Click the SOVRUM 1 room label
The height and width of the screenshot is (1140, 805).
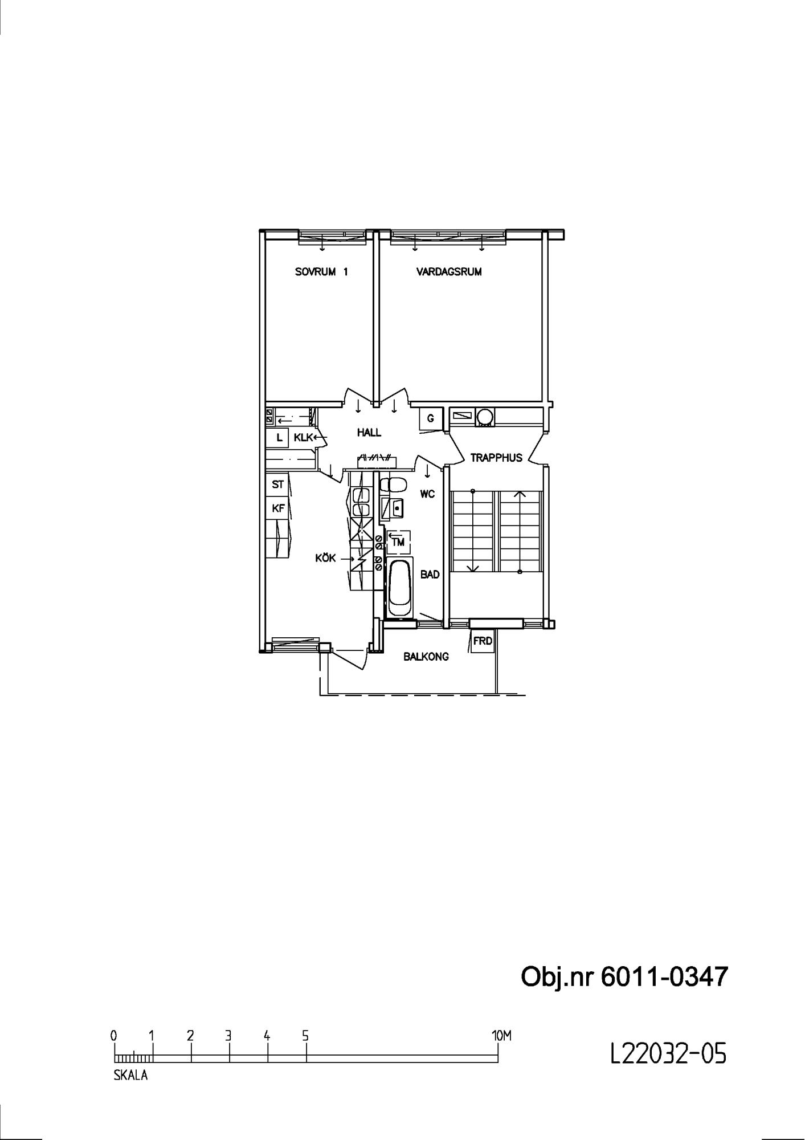point(321,272)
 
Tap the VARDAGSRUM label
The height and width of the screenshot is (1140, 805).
point(449,272)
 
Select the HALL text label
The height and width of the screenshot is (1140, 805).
point(369,433)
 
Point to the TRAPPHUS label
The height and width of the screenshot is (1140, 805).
point(496,458)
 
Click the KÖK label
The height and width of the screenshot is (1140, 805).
point(326,558)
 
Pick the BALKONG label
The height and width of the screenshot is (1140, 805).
point(426,657)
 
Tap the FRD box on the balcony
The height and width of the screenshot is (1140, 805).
point(482,641)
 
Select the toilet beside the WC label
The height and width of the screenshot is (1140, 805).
point(393,485)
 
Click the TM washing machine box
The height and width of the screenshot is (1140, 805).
point(398,542)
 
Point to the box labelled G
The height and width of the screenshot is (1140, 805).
point(431,419)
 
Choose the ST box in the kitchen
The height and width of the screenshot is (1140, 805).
point(277,485)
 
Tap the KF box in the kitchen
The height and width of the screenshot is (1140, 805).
point(277,508)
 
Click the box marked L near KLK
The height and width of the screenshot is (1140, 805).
point(279,438)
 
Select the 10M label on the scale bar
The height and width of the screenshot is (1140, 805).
point(501,1036)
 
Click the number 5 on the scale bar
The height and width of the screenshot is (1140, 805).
point(305,1036)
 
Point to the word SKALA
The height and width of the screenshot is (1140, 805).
point(130,1076)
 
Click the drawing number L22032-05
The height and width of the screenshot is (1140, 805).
point(668,1054)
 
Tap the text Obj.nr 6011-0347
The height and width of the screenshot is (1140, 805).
point(624,977)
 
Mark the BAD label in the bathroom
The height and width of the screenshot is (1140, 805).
point(430,575)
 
